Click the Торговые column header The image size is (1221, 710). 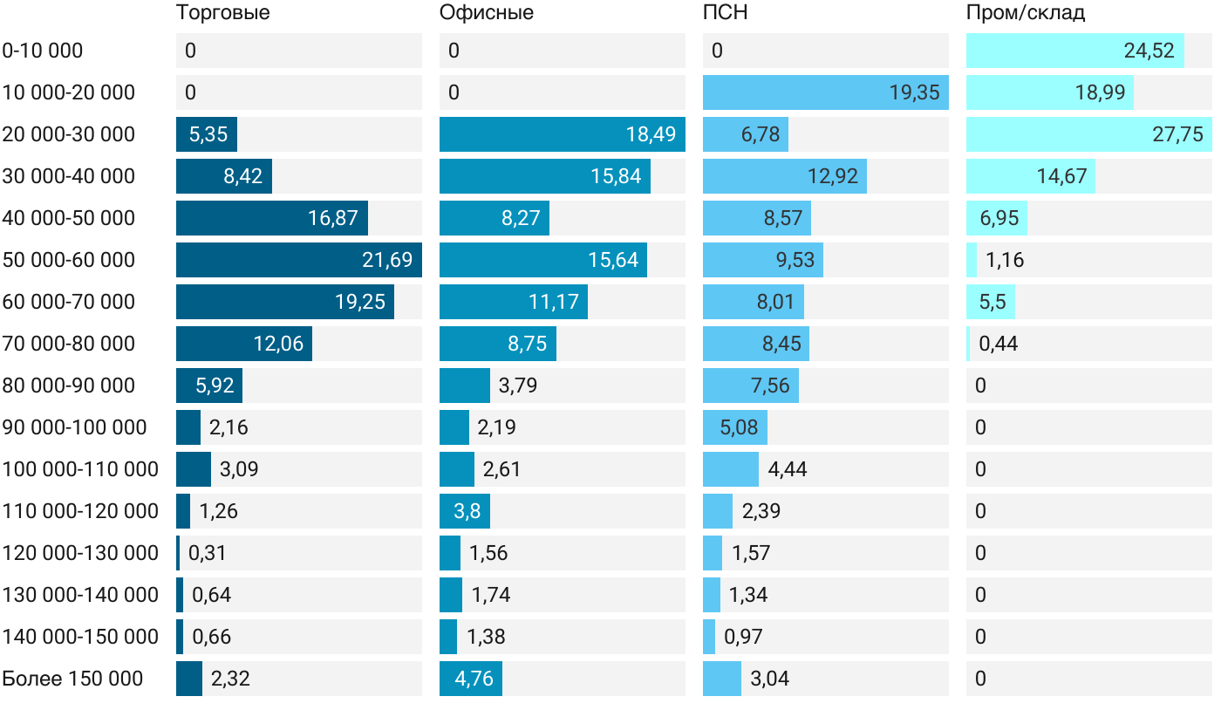tap(222, 13)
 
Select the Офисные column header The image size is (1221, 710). tap(487, 13)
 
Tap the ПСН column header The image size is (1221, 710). tap(726, 13)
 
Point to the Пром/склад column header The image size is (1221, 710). tap(1026, 13)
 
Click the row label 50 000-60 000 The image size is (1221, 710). tap(69, 260)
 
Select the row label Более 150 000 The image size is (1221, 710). tap(72, 679)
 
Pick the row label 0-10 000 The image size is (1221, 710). tap(43, 51)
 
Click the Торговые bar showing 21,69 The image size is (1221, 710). tap(298, 260)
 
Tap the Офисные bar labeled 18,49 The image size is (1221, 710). tap(562, 134)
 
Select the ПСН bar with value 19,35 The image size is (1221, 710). tap(825, 92)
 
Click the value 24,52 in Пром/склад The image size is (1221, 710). tap(1149, 51)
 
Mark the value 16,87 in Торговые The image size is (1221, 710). tap(333, 218)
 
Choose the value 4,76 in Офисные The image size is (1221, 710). tap(474, 679)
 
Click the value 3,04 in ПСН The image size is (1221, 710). tap(769, 679)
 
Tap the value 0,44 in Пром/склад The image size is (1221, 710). tap(998, 344)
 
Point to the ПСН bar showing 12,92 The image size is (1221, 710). tap(785, 176)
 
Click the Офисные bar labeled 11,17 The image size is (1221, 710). tap(514, 302)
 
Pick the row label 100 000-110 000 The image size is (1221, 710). tap(80, 469)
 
